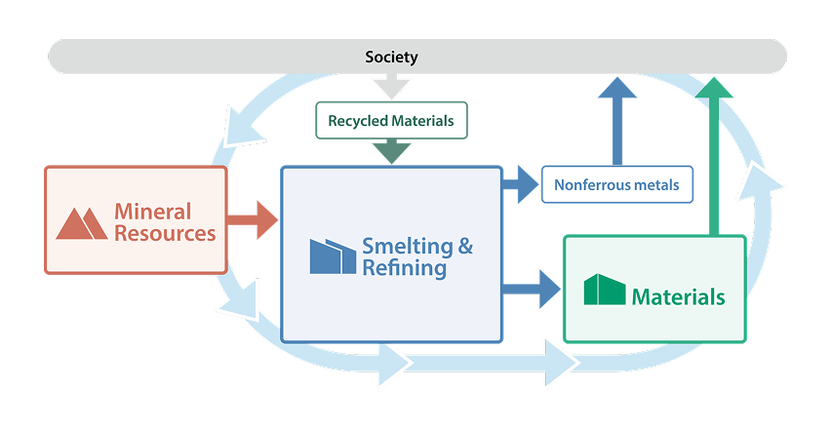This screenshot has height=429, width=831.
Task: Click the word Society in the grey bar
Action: [x=391, y=57]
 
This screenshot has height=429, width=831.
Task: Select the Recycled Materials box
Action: [x=391, y=121]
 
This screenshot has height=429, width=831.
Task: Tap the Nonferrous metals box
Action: [x=616, y=184]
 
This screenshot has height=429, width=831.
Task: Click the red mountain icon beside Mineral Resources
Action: [x=82, y=222]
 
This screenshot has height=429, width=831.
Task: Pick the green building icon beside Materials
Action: [x=604, y=290]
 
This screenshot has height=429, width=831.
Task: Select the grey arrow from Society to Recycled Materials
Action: [x=391, y=86]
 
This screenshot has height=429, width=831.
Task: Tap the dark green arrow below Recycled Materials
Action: [x=391, y=151]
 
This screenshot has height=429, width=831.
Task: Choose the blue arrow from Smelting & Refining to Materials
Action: [x=532, y=289]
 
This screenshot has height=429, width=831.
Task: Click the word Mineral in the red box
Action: [x=153, y=211]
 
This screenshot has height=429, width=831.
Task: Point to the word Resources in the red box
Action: [x=165, y=234]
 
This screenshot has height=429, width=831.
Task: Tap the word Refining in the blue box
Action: [x=404, y=268]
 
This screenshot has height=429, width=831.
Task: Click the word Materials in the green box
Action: [x=678, y=296]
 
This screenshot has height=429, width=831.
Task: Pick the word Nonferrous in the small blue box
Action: [x=591, y=184]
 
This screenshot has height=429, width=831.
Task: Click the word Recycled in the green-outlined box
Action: [x=359, y=121]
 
